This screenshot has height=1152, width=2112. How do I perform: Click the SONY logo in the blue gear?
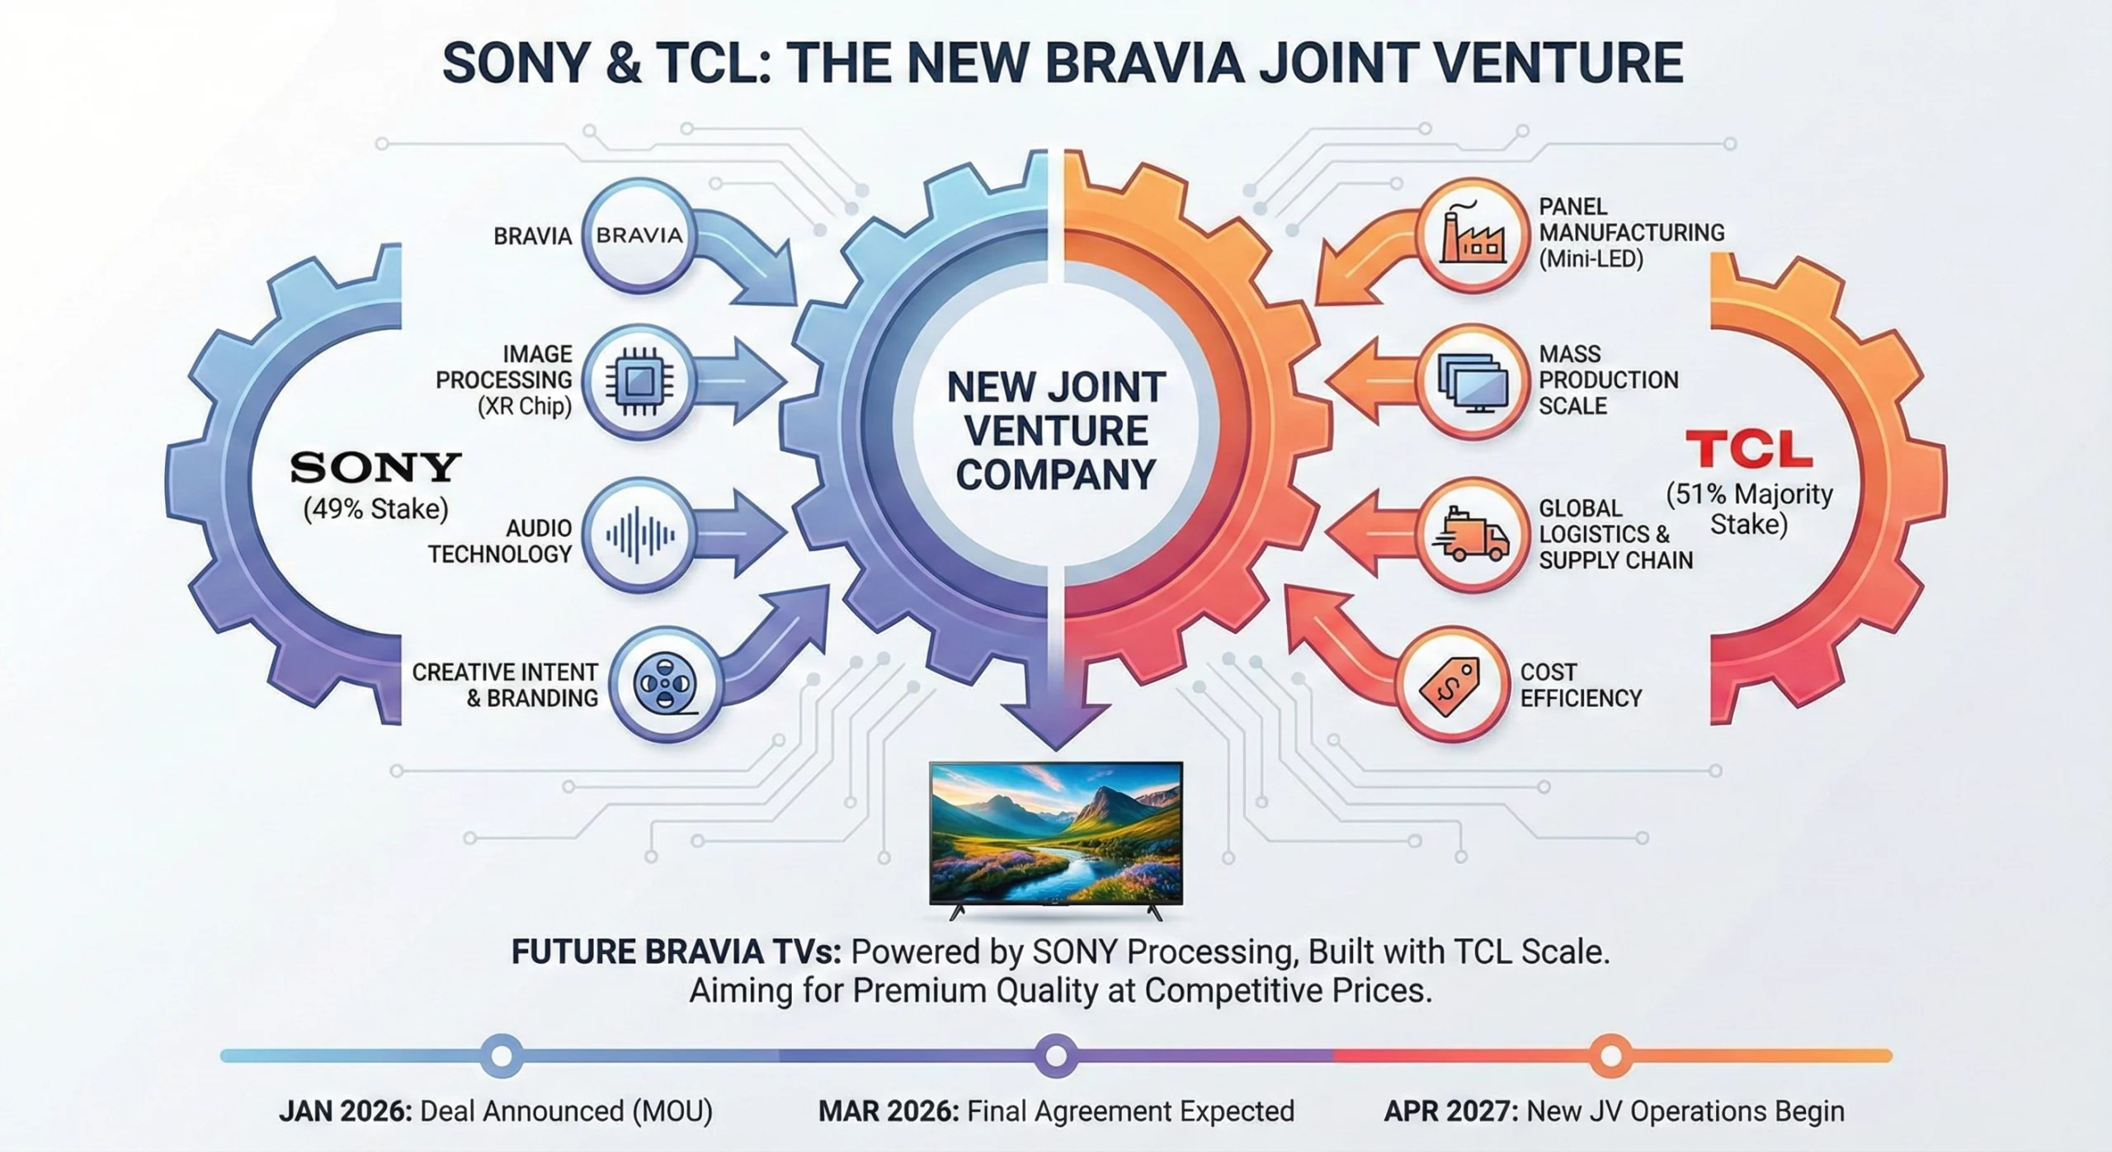click(x=375, y=468)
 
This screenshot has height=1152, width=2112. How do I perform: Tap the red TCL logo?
click(x=1748, y=451)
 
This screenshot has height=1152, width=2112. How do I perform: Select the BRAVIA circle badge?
click(x=639, y=235)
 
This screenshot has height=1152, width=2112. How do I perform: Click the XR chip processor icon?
click(x=639, y=381)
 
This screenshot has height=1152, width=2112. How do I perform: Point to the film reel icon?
click(x=665, y=684)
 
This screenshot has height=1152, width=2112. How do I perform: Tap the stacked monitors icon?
click(x=1473, y=381)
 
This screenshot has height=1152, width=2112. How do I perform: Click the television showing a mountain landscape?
click(x=1055, y=833)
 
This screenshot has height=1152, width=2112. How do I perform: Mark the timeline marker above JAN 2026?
click(x=502, y=1055)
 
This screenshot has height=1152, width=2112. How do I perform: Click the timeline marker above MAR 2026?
click(x=1055, y=1055)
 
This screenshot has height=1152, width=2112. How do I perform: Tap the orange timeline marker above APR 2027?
click(x=1610, y=1055)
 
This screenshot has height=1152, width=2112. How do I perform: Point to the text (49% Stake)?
click(x=375, y=509)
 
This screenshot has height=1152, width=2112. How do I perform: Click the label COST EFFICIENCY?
click(x=1580, y=684)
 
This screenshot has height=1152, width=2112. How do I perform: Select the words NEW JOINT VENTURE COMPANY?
click(x=1055, y=431)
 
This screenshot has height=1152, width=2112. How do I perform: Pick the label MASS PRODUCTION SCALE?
click(x=1608, y=380)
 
